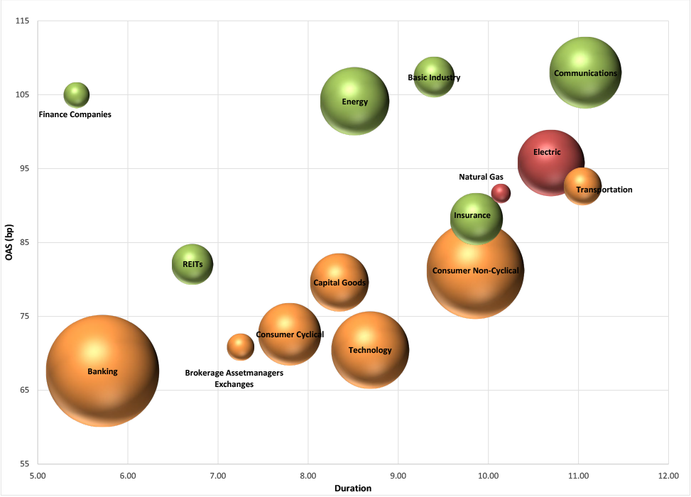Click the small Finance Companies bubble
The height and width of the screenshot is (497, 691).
pos(77,94)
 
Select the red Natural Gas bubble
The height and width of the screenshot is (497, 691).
pos(501,192)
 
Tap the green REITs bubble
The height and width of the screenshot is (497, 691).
pos(192,264)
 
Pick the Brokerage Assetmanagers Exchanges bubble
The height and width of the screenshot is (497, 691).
pos(240,346)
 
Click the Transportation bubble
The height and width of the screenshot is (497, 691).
pos(582,186)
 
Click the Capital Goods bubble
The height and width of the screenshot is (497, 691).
pos(339,283)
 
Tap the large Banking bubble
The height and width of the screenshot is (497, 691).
pos(102,371)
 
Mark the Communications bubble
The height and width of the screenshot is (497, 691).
pos(585,72)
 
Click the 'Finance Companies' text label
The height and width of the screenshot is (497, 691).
pos(75,114)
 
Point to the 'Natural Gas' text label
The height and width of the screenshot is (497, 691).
pos(481,177)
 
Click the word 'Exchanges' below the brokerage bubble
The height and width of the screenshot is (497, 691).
pos(234,384)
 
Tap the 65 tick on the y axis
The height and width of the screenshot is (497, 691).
pos(22,390)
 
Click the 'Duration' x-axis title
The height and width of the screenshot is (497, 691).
pos(353,488)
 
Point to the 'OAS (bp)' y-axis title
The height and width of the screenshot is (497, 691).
pos(9,242)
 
